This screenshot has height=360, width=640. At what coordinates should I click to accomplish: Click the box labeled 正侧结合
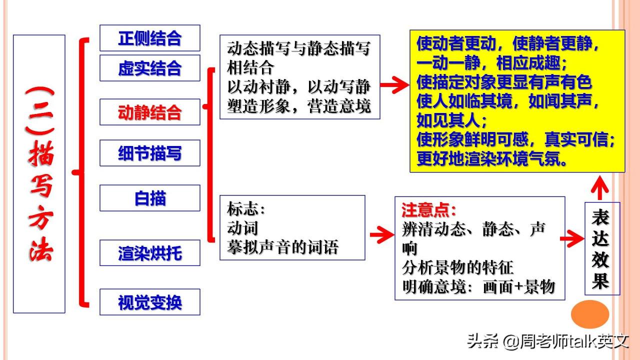point(149,38)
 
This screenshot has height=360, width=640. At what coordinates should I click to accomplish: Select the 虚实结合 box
point(149,68)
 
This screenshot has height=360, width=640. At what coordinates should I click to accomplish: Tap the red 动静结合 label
point(149,112)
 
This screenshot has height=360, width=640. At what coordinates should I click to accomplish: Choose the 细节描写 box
point(149,153)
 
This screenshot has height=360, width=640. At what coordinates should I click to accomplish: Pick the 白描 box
point(149,197)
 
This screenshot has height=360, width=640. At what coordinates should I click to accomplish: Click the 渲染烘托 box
point(149,253)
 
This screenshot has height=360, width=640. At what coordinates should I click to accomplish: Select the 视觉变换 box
point(149,302)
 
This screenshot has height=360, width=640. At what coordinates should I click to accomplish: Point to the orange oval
point(590,314)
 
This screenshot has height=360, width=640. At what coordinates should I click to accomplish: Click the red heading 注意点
point(428,210)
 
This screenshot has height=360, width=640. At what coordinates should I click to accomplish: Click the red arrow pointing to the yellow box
point(394,84)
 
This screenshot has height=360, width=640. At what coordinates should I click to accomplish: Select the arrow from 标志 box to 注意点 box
point(382,234)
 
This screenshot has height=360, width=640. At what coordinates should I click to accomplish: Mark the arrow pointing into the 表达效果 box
point(572,238)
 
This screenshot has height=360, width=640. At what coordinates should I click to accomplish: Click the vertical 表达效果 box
point(602,248)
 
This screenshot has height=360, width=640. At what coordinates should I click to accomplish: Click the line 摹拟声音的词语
point(283,247)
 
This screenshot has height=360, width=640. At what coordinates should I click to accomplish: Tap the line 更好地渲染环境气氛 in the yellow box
point(491,158)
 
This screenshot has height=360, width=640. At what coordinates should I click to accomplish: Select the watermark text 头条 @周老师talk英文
point(548,341)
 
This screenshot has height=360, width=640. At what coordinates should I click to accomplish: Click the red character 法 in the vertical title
point(41,249)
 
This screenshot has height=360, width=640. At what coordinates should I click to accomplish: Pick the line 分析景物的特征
point(457,267)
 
